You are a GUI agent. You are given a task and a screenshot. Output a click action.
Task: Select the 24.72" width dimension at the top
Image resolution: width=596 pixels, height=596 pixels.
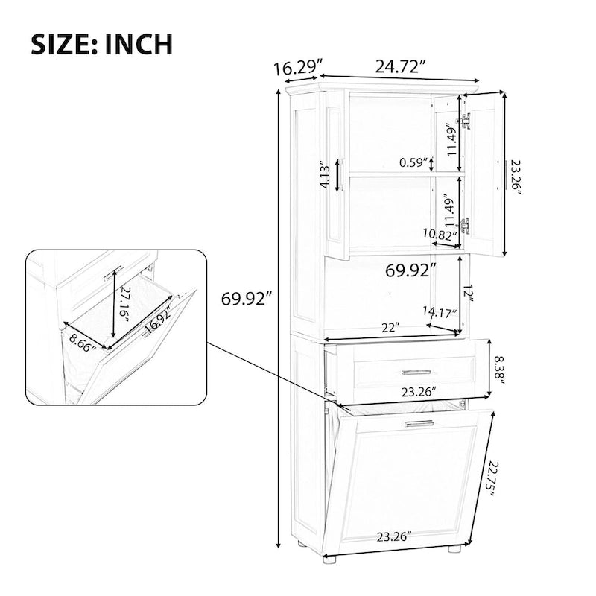(400, 66)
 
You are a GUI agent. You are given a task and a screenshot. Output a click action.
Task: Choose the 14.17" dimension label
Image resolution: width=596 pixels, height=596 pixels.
(439, 314)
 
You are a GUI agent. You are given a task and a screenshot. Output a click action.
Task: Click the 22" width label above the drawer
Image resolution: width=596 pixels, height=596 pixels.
(387, 326)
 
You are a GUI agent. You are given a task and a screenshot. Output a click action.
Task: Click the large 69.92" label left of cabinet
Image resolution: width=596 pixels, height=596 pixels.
(247, 299)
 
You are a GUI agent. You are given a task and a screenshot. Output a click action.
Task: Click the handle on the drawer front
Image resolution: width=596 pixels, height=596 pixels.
(416, 371)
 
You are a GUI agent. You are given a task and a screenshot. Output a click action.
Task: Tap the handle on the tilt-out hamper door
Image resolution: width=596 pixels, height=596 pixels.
(419, 424)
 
